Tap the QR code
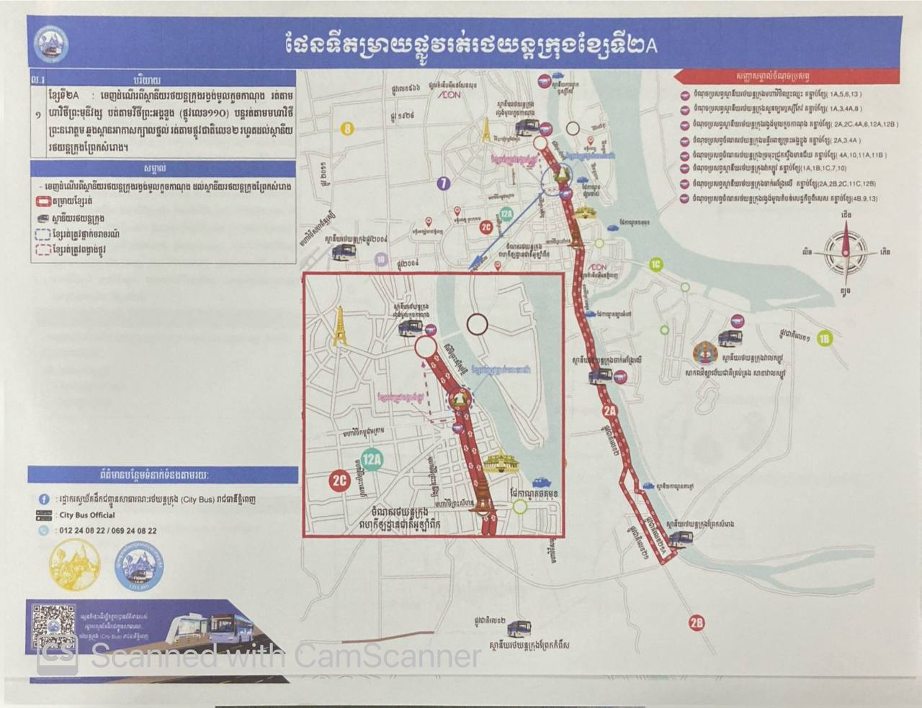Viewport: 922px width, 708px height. (54, 625)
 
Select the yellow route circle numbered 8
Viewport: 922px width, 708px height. (348, 130)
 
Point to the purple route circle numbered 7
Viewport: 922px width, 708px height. (444, 183)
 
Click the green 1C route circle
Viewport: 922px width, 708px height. (655, 264)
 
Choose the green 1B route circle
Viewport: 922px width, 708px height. (825, 339)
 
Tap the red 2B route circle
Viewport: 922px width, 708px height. (696, 622)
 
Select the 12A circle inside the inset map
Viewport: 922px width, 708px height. (372, 458)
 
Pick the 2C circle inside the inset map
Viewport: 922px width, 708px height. (339, 480)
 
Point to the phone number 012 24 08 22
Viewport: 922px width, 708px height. (84, 531)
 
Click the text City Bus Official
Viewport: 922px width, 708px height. (87, 515)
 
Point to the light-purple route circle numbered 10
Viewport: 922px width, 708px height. (381, 260)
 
